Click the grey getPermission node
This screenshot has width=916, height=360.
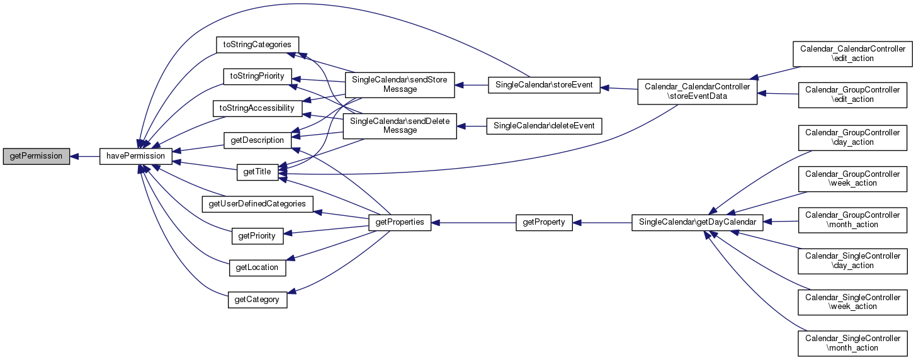(x=36, y=155)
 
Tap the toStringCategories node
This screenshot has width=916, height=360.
(x=257, y=45)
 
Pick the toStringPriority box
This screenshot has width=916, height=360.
(x=257, y=76)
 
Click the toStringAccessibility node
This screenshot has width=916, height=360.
(x=257, y=108)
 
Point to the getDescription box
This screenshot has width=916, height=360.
(x=257, y=140)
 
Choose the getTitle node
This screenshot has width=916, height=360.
(x=257, y=172)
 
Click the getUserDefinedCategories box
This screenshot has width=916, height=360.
(x=257, y=203)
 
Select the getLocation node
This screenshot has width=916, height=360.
(x=257, y=267)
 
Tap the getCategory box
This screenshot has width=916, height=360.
(x=257, y=300)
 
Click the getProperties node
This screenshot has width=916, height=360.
(x=400, y=222)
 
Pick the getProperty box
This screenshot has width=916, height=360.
(x=545, y=222)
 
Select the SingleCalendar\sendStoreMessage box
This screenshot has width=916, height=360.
(x=400, y=84)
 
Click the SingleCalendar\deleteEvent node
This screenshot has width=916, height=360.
(x=545, y=126)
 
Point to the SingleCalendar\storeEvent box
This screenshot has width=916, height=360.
(x=545, y=84)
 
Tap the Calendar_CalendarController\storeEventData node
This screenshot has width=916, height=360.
(x=697, y=92)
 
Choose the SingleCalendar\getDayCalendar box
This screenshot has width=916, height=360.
(x=697, y=222)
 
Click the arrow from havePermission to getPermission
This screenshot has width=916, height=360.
(x=84, y=155)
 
